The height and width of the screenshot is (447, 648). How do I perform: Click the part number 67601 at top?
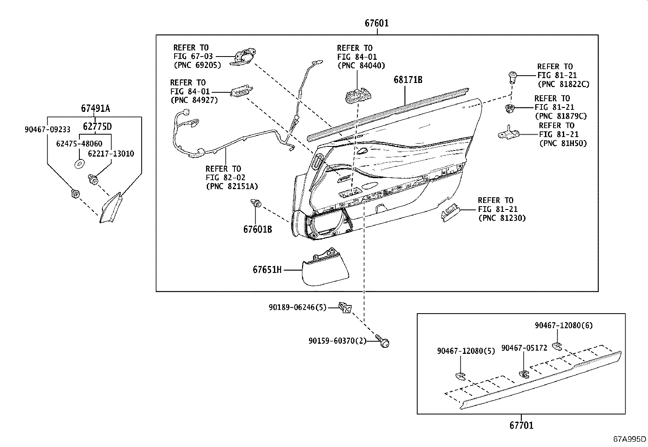(x=376, y=23)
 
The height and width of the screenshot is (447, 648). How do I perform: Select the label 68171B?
(x=408, y=80)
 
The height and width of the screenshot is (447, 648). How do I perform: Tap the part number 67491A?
(x=95, y=109)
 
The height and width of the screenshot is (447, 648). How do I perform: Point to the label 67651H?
(x=267, y=270)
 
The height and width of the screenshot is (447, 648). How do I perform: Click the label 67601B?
(x=257, y=229)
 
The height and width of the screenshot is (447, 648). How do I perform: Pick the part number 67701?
(x=521, y=425)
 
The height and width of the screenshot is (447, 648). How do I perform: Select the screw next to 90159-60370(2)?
(x=383, y=341)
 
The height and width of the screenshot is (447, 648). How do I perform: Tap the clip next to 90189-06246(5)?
(x=345, y=307)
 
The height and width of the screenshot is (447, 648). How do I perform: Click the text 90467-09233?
(x=47, y=130)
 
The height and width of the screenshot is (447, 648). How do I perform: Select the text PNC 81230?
(x=502, y=218)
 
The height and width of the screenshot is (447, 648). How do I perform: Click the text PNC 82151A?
(x=232, y=187)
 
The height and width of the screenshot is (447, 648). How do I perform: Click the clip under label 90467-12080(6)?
(x=557, y=346)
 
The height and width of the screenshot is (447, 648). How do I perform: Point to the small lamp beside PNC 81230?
(x=450, y=213)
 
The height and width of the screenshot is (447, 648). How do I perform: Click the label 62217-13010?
(x=111, y=154)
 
